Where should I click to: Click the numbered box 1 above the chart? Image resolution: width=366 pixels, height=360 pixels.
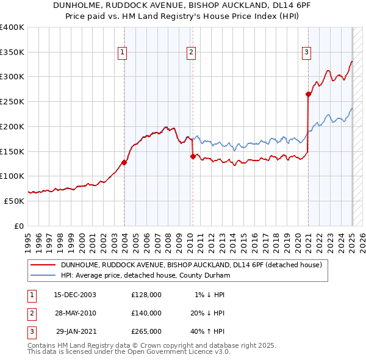pyautogui.click(x=123, y=53)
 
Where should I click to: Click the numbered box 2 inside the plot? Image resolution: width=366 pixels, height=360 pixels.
pyautogui.click(x=191, y=53)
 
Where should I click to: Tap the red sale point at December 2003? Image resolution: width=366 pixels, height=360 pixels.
pyautogui.click(x=124, y=162)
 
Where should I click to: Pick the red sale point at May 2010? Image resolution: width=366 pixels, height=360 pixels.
pyautogui.click(x=193, y=156)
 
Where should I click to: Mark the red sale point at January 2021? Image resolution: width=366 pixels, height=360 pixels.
pyautogui.click(x=309, y=94)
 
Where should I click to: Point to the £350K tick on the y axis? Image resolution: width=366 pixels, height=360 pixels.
pyautogui.click(x=12, y=52)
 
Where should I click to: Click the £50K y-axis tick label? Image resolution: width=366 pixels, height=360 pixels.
pyautogui.click(x=14, y=201)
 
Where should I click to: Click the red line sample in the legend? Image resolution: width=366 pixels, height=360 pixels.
pyautogui.click(x=43, y=265)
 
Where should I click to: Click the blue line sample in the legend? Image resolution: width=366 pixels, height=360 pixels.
pyautogui.click(x=43, y=275)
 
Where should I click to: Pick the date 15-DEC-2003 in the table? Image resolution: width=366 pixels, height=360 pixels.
pyautogui.click(x=75, y=295)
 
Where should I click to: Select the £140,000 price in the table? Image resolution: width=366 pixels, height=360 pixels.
pyautogui.click(x=146, y=313)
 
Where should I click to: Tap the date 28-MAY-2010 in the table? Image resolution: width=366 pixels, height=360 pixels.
pyautogui.click(x=75, y=313)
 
